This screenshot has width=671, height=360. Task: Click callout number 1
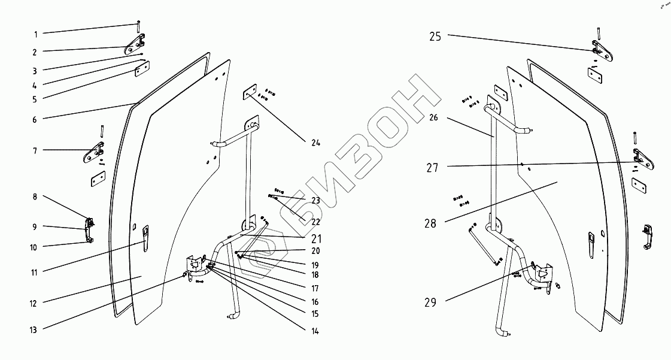pos(35,34)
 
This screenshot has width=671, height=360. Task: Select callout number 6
pos(35,119)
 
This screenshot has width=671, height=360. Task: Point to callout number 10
pos(35,247)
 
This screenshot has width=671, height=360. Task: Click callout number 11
pos(35,272)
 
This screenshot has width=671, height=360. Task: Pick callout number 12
pos(35,304)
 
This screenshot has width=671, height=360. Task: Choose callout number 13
pos(35,329)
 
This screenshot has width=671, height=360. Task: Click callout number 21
pos(316,237)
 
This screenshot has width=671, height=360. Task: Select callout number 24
pos(315,143)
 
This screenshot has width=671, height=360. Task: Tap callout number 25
pos(435,37)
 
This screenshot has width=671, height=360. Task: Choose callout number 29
pos(431,302)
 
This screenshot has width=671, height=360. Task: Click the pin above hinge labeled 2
pos(139,26)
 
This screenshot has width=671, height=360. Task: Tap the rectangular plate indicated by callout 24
pos(249,95)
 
